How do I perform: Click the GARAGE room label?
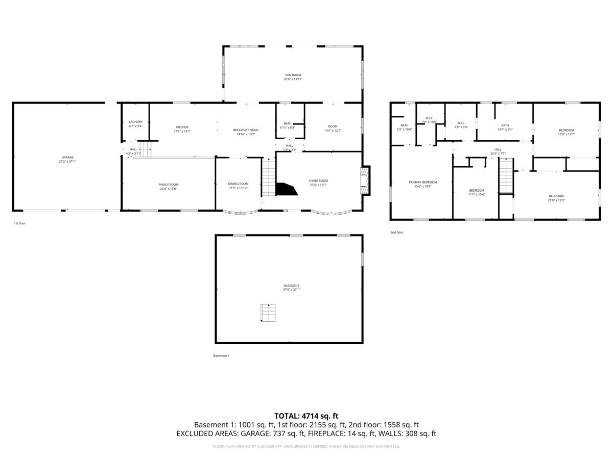point(67,157)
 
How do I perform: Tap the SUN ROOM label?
point(293,75)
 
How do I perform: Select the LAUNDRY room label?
point(135,122)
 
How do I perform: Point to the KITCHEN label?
point(182,127)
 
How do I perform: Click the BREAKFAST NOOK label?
point(246,130)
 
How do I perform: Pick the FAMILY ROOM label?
point(168,185)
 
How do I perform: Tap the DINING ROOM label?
point(238,184)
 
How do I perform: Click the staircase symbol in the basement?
point(268,313)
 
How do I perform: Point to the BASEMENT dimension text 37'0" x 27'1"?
point(292,290)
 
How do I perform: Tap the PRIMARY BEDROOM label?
point(422,182)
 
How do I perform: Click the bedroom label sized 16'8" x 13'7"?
point(566,130)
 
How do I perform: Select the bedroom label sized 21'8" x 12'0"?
point(556,196)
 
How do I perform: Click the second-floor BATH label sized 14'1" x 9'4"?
point(505,125)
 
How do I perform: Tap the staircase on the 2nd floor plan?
point(506,176)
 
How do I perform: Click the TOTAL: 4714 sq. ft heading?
point(306,416)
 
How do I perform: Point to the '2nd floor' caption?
point(396,233)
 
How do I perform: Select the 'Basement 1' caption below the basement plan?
point(221,355)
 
